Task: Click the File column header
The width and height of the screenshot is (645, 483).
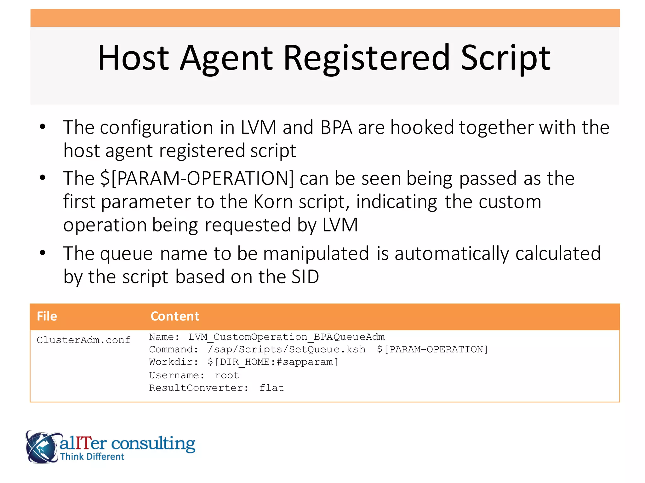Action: (x=47, y=316)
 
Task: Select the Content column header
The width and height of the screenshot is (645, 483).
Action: (x=175, y=316)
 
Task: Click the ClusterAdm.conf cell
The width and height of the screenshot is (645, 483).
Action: (x=83, y=340)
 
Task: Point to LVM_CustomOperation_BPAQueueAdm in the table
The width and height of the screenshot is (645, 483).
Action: (x=286, y=337)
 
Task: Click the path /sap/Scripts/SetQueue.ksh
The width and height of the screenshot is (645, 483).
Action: (x=286, y=349)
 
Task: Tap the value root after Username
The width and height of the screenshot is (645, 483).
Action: (x=227, y=375)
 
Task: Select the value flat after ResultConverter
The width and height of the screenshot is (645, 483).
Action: (x=271, y=388)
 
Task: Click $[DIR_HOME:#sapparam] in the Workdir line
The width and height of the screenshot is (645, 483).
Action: (x=273, y=362)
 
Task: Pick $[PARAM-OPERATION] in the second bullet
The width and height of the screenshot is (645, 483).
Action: (x=197, y=178)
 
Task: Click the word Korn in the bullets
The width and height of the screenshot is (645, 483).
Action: (x=273, y=202)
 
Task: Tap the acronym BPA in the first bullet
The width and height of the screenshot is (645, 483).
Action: (x=336, y=127)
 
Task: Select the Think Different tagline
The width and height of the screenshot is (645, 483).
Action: (x=92, y=457)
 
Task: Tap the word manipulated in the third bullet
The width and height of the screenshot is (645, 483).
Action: (x=316, y=253)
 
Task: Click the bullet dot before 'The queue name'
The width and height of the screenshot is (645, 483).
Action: (x=43, y=253)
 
